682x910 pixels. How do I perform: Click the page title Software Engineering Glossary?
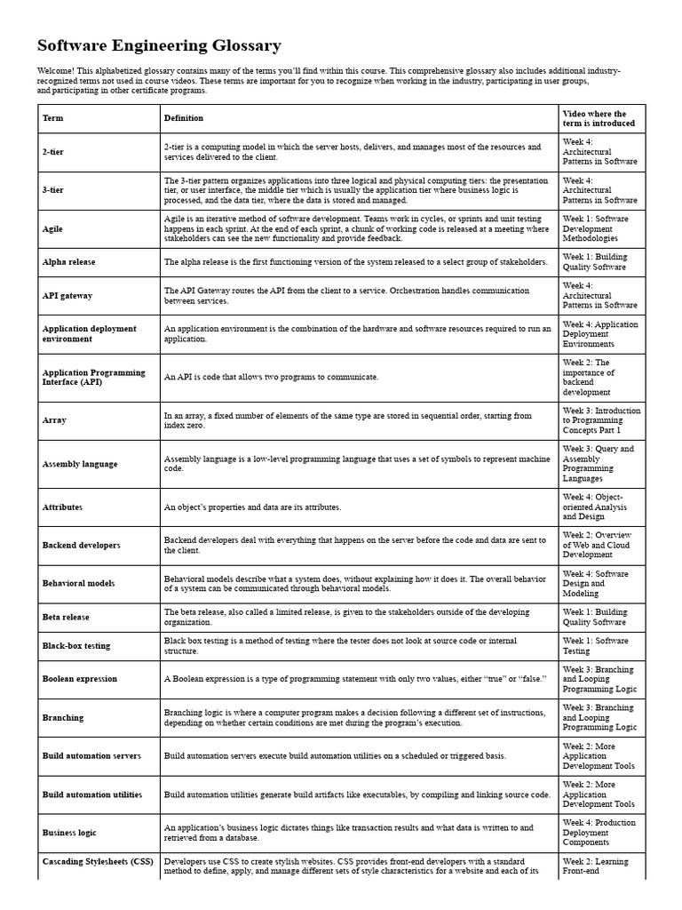coord(159,45)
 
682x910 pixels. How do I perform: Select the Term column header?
coord(52,118)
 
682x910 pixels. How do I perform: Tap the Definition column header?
coord(183,118)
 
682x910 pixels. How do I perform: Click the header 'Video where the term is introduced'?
coord(594,118)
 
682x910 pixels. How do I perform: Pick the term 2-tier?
coord(53,152)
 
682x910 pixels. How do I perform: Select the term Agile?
coord(52,228)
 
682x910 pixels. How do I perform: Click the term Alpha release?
coord(68,262)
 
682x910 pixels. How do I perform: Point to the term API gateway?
coord(67,295)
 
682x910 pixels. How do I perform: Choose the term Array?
coord(54,419)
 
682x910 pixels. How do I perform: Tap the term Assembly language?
coord(80,464)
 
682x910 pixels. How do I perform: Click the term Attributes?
coord(62,507)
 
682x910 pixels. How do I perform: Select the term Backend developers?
coord(81,545)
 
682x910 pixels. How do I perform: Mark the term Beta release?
coord(66,617)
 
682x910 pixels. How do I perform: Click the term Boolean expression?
coord(79,679)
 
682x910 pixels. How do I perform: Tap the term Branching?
coord(63,717)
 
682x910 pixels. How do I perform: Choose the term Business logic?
coord(69,833)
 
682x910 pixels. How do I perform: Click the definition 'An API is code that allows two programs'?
coord(271,377)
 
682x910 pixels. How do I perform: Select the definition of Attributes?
coord(252,507)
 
